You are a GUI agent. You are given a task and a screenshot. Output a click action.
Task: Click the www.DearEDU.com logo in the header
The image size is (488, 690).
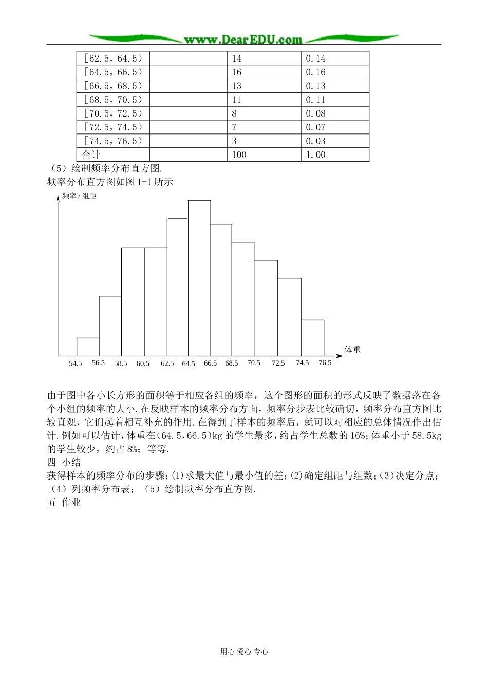pos(243,39)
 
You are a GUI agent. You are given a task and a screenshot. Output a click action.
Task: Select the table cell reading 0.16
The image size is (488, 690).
pos(315,72)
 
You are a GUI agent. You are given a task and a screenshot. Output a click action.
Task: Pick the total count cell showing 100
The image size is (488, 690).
pos(239,155)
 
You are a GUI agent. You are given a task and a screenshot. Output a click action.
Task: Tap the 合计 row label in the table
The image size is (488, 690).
pos(91,155)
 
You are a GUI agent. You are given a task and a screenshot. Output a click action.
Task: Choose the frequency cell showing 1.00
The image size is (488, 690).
pos(315,155)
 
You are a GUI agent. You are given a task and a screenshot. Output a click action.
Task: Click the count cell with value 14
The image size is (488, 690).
pos(236,59)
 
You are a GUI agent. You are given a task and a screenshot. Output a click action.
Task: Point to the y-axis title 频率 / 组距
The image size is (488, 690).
pos(79,196)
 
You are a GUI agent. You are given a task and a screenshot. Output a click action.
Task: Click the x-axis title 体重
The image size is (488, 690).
pos(352,350)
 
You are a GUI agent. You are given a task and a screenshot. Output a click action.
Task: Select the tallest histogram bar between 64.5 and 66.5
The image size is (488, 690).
pos(199,277)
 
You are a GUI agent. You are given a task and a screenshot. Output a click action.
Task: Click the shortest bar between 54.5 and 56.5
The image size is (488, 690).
pos(88,347)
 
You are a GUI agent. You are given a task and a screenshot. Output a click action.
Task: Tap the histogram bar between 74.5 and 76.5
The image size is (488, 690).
pos(313,337)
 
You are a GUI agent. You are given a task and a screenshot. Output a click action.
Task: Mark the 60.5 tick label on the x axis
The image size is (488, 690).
pos(143,363)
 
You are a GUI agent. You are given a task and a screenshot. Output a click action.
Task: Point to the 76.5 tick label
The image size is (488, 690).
pos(325,362)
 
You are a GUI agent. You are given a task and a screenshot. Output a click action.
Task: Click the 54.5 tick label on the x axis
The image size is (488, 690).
pos(75,363)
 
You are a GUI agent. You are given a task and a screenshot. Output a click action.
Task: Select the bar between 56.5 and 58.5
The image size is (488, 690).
pos(110,325)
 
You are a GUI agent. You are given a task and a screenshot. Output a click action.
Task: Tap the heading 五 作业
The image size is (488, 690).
pos(64,503)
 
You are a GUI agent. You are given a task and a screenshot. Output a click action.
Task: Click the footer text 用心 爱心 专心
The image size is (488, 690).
pos(244,651)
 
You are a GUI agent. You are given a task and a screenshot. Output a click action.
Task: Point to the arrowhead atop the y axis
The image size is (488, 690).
pos(58,198)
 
